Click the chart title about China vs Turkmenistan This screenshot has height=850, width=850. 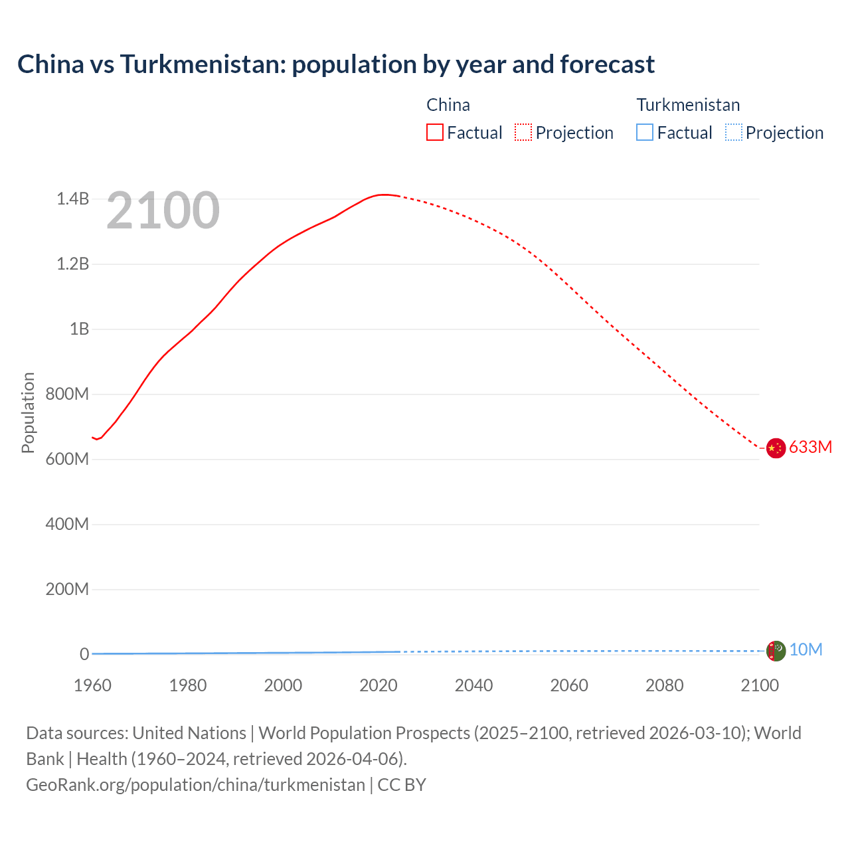pos(336,64)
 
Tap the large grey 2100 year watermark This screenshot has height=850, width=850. pos(163,211)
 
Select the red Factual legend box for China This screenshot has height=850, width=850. pos(435,133)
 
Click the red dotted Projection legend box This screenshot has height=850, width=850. pos(523,133)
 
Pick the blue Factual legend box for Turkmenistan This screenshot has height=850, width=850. pos(645,133)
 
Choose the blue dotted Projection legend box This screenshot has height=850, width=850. pos(733,133)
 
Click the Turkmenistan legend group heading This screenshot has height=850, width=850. pos(688,105)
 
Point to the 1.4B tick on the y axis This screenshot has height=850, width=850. pos(72,199)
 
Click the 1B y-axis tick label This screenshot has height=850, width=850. pos(79,329)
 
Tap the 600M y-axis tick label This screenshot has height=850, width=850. pos(67,459)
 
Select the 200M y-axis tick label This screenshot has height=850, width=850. pos(67,589)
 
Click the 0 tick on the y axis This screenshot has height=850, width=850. pos(84,654)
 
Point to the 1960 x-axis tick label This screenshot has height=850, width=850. pos(92,685)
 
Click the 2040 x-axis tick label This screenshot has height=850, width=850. pos(473,685)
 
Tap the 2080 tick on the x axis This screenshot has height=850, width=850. pos(664,685)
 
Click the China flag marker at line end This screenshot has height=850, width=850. pos(776,448)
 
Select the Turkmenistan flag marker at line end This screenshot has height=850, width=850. pos(776,651)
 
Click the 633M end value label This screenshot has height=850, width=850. pos(810,447)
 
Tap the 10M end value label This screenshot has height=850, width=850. pos(806,649)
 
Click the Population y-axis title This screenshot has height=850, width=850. pos(28,412)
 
